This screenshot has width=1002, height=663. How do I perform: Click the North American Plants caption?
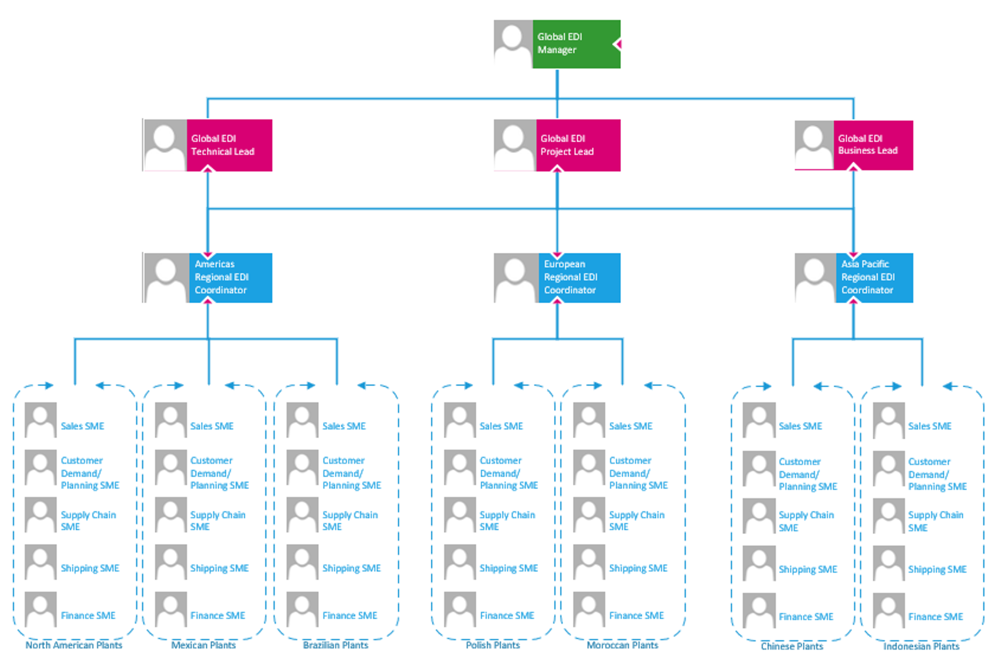[x=74, y=645]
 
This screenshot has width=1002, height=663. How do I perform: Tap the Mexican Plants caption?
[x=204, y=645]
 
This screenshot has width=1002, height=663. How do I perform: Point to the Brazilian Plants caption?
[x=336, y=645]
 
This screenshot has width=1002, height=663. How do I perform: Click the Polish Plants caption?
[x=493, y=645]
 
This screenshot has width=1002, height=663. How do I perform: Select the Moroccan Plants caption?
[x=623, y=645]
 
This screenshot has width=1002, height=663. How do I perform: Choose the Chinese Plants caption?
[x=792, y=646]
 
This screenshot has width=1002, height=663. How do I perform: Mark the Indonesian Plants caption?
[x=922, y=646]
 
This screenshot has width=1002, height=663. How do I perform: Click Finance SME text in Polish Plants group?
[x=507, y=615]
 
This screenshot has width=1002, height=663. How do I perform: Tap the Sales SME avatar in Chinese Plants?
[x=759, y=420]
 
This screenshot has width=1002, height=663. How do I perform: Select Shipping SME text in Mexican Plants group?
[x=219, y=568]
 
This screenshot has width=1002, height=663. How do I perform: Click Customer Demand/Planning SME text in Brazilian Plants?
[x=351, y=473]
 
